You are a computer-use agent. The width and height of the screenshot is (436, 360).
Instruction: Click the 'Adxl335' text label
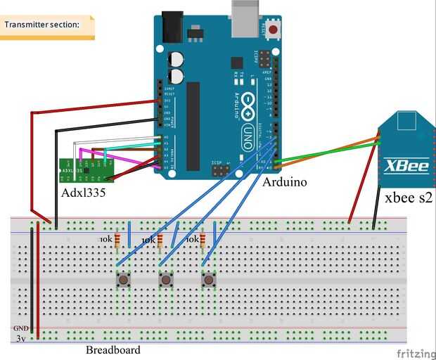coord(82,191)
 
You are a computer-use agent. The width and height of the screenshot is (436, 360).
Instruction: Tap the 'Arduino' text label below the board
coord(284,181)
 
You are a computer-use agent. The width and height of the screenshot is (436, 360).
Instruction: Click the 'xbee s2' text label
coord(408,199)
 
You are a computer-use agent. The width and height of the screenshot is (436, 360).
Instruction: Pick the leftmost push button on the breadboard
coord(123,281)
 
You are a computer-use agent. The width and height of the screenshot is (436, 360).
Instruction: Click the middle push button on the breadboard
coord(166,281)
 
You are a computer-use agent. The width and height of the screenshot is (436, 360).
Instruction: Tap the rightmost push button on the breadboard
coord(208,281)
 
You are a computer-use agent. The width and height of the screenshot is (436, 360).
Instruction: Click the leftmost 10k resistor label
coord(105,240)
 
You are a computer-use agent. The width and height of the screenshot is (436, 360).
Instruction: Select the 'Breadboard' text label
coord(113,349)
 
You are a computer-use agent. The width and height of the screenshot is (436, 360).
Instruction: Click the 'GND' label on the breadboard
coord(20,328)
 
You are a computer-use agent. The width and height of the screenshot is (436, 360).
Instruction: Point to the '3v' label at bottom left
coord(22,339)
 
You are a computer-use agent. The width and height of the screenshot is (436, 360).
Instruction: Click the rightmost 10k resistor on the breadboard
coord(203,240)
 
